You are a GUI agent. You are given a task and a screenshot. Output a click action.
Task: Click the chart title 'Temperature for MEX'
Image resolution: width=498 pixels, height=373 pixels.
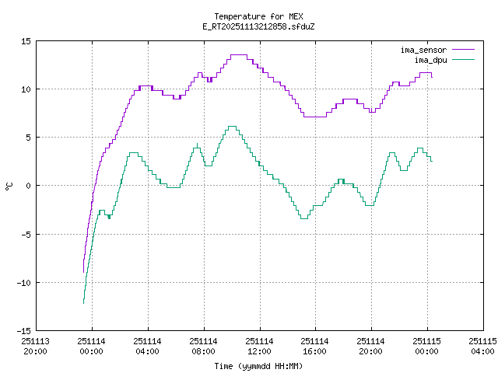(258, 16)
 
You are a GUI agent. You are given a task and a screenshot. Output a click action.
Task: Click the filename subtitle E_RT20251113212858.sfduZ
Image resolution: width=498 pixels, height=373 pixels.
(258, 26)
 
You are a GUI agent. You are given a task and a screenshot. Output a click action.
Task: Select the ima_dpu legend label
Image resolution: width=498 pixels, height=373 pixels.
(430, 59)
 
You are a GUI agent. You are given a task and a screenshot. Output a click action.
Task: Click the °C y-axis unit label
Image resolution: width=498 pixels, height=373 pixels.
(9, 186)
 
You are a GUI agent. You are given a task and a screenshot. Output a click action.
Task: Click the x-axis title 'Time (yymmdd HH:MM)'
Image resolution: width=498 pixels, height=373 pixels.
(258, 366)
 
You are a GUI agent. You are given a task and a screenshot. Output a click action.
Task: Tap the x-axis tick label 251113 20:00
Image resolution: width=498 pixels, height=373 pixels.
(36, 346)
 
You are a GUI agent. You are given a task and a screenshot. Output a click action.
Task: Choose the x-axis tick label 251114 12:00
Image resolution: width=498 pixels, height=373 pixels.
(259, 346)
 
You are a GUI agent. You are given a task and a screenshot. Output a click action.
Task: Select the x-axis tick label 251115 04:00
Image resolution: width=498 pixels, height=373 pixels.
(482, 346)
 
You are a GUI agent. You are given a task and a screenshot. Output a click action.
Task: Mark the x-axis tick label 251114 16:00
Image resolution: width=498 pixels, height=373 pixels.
(315, 346)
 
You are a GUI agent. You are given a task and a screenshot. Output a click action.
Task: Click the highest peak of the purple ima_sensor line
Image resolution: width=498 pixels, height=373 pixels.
(238, 55)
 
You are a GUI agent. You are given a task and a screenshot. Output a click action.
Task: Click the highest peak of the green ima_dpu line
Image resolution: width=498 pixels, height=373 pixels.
(232, 127)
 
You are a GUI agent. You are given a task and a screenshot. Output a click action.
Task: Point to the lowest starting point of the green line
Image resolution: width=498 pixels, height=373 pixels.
(83, 302)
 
